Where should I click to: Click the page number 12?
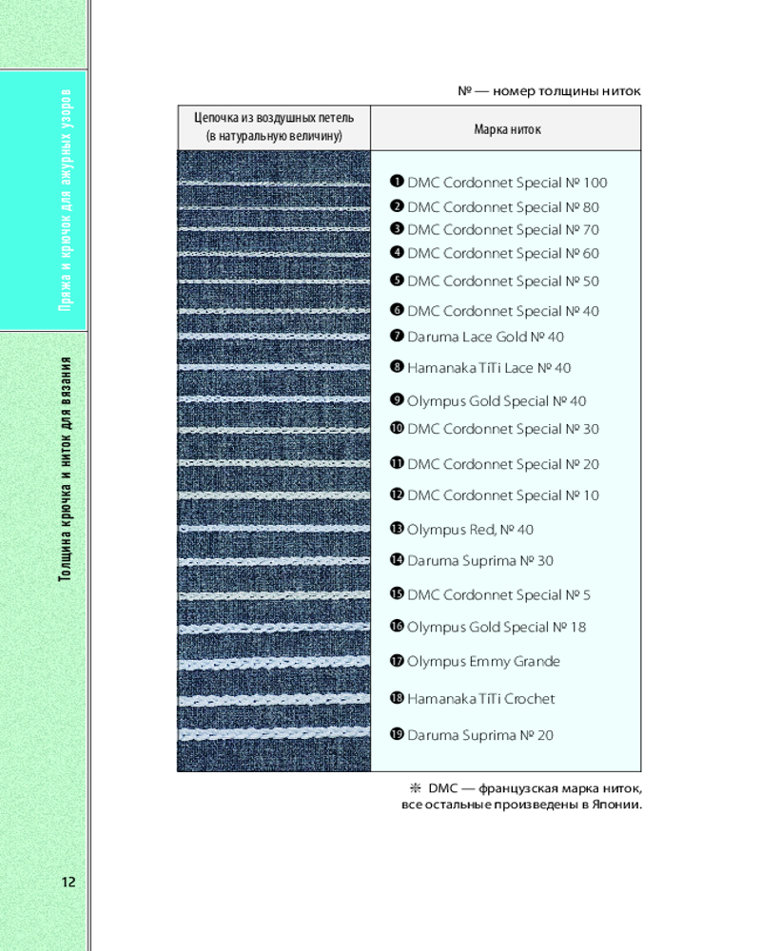68,882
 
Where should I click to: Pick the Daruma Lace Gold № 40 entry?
485,337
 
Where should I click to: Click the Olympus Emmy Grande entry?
483,662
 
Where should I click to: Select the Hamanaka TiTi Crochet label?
480,699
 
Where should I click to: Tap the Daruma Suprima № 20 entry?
480,735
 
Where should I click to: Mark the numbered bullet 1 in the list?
398,182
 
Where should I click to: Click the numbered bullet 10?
398,429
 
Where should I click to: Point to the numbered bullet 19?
398,734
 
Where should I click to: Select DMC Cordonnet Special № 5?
498,595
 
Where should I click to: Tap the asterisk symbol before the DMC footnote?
415,788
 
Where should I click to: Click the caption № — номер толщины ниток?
549,91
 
